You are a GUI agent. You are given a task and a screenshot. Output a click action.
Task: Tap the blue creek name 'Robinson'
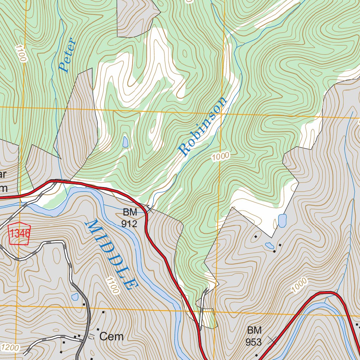pos(202,127)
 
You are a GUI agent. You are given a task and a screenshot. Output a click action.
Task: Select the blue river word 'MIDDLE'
pos(110,255)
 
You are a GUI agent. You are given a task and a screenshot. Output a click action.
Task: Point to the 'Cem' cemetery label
pos(111,336)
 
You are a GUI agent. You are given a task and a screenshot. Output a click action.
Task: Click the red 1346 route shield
pos(20,233)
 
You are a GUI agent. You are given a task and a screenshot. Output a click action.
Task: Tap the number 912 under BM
pos(129,224)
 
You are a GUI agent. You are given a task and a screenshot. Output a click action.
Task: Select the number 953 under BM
pos(254,342)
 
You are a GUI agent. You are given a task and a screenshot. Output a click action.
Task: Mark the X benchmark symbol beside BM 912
pos(149,208)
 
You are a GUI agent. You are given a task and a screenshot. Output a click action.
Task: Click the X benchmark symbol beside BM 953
pos(272,340)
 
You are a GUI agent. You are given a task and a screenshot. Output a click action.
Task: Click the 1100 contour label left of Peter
pos(21,53)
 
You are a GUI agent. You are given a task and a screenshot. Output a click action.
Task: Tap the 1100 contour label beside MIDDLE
pos(112,285)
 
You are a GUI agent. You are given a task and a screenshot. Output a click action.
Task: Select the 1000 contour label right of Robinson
pos(220,156)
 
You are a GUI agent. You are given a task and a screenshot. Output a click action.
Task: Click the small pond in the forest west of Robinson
pos(125,142)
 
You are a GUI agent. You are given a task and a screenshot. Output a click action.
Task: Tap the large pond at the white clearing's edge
pos(282,221)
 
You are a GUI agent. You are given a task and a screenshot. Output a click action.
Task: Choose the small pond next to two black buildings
pos(270,245)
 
